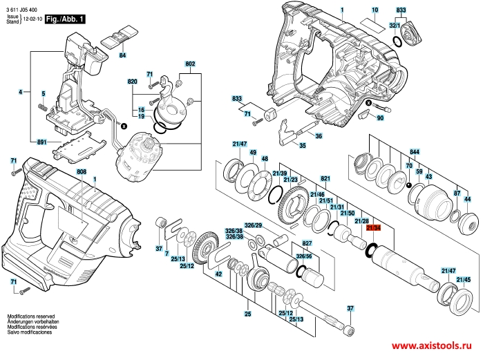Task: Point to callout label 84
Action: pos(122,55)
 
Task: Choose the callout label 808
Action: pos(82,171)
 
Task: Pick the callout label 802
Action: pos(190,64)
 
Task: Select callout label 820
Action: pos(133,82)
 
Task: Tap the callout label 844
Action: pos(415,151)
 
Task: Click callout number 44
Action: pos(467,198)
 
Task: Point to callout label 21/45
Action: pos(468,279)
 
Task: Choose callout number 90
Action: pos(399,118)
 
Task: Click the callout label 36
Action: pos(318,136)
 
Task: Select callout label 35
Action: pos(302,146)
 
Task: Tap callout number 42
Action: pos(218,274)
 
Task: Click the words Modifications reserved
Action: pos(31,315)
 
